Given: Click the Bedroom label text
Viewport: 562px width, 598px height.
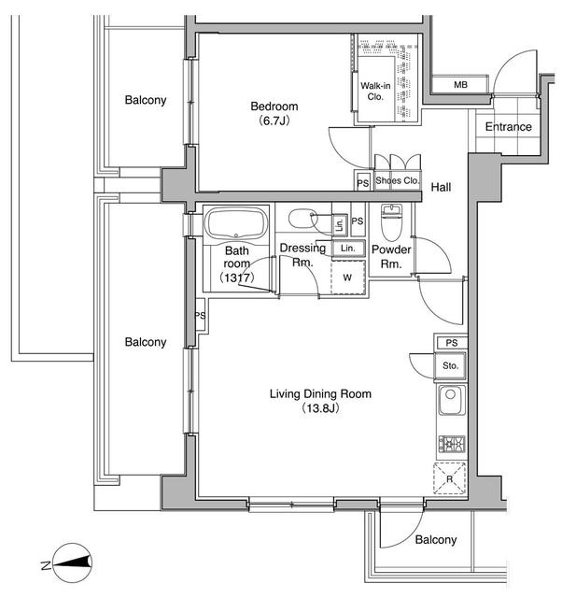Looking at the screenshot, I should (x=273, y=106).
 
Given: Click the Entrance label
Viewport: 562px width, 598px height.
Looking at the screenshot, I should (x=508, y=127).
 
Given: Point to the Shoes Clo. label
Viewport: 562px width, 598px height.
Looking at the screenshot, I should (x=398, y=181).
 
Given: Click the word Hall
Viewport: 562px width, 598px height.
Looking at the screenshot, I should (x=441, y=188).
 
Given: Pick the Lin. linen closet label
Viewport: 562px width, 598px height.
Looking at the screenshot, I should (x=347, y=249).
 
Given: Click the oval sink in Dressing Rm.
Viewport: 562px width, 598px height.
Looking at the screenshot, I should (x=303, y=221).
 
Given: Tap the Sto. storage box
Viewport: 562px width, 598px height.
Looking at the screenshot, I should (x=450, y=365).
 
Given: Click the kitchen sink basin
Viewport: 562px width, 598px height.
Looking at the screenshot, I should (x=449, y=403).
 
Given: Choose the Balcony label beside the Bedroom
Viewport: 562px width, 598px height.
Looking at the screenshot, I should (x=146, y=100).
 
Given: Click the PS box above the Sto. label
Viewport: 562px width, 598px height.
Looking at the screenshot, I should (x=451, y=343).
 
